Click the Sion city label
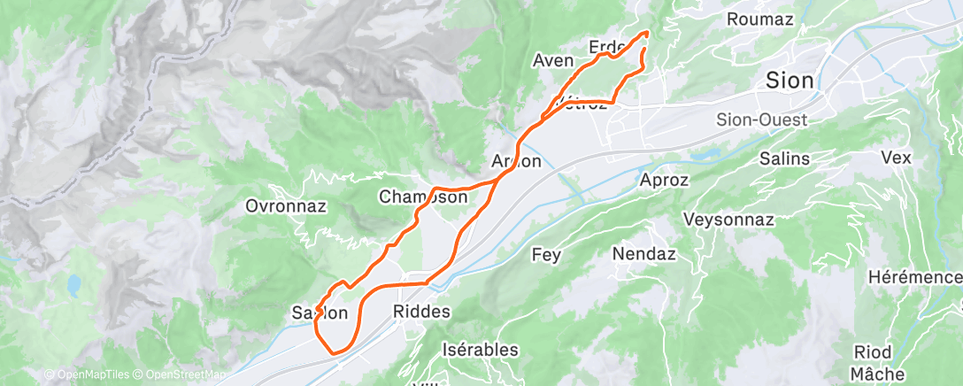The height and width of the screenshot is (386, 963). [x=790, y=81]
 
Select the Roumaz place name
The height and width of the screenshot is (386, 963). [x=759, y=19]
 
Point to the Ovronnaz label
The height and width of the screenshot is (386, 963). [x=286, y=207]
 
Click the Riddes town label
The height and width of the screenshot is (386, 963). [x=420, y=312]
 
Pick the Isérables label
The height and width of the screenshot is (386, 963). [x=480, y=350]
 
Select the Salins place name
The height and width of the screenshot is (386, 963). [x=784, y=159]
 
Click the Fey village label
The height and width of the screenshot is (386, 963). [x=546, y=255]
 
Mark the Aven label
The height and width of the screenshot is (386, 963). [x=554, y=60]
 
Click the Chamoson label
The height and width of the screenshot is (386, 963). [x=423, y=197]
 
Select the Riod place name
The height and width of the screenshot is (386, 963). [x=872, y=351]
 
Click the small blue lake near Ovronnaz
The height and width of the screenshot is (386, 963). [x=73, y=284]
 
